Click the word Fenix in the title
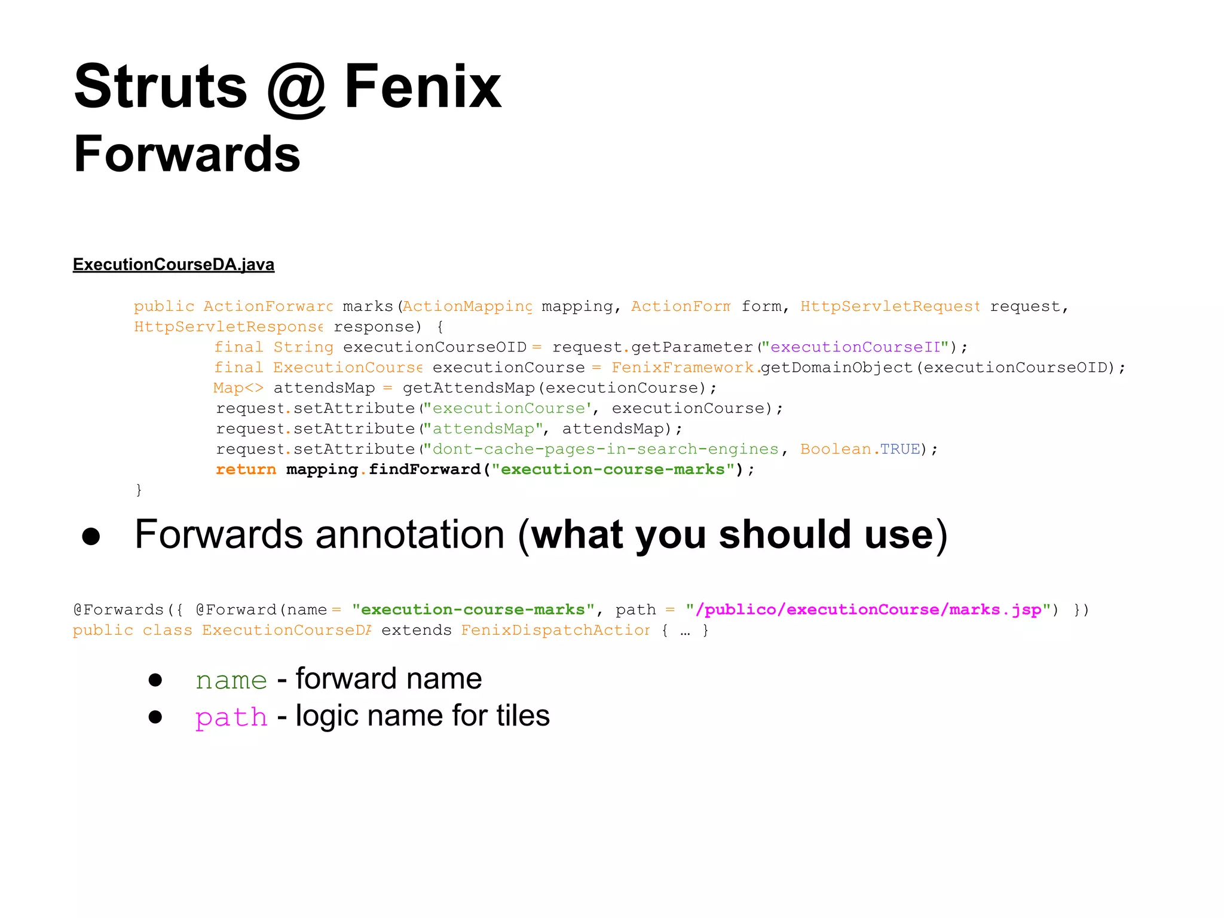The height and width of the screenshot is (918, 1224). (x=423, y=87)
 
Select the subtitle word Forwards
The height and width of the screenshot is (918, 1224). (x=186, y=154)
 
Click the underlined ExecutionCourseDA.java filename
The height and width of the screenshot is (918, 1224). (x=173, y=264)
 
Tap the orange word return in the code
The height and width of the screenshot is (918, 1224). (x=246, y=469)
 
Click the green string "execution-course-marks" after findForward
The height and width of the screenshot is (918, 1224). (x=613, y=469)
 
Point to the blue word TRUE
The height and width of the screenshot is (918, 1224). (x=899, y=449)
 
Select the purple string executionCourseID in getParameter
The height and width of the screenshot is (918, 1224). (x=855, y=347)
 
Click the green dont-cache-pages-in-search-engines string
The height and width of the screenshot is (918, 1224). (x=605, y=449)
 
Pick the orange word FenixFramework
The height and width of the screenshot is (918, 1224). (x=683, y=368)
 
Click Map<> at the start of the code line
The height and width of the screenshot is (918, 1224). (x=238, y=388)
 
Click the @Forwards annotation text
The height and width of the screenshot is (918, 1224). (x=118, y=610)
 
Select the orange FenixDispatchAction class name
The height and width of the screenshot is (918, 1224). (x=555, y=630)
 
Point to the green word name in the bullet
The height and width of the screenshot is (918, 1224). (x=231, y=680)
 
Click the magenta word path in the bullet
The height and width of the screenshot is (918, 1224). (x=231, y=717)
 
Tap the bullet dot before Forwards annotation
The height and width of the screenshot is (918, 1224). (x=91, y=536)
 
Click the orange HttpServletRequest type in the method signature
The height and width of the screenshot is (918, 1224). (x=889, y=307)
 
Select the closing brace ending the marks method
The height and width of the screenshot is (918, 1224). (x=139, y=490)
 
